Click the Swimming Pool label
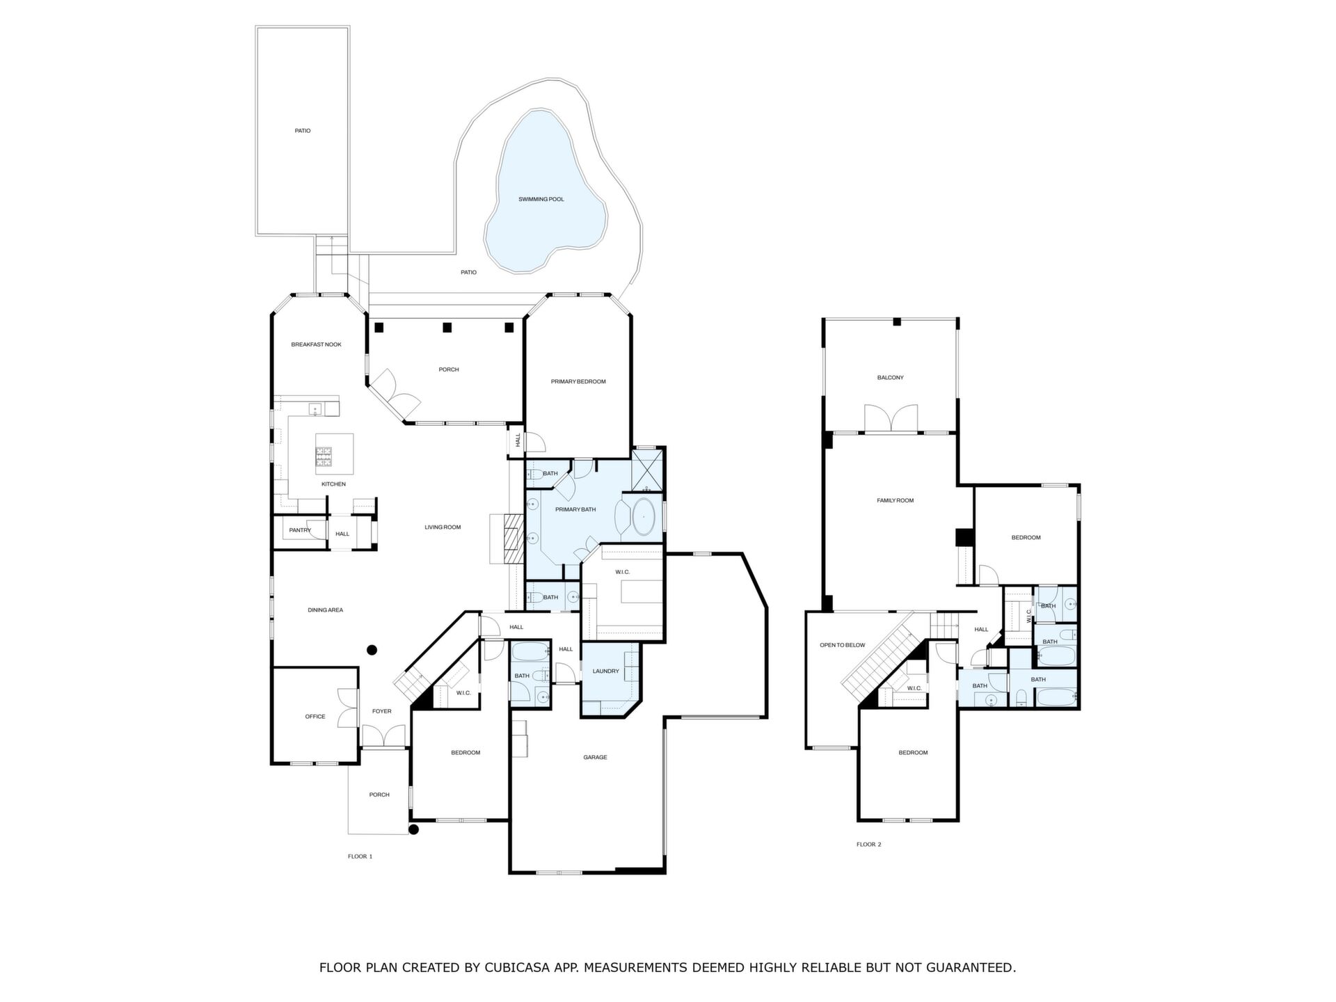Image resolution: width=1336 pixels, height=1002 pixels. pyautogui.click(x=541, y=200)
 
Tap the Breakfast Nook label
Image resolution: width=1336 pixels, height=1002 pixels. pyautogui.click(x=316, y=344)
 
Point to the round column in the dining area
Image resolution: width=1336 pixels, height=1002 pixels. pyautogui.click(x=372, y=651)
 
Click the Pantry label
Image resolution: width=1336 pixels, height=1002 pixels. pyautogui.click(x=300, y=530)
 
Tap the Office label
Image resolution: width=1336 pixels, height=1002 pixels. pyautogui.click(x=315, y=716)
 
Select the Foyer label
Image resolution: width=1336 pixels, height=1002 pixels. pyautogui.click(x=381, y=711)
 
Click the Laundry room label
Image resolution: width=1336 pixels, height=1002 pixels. pyautogui.click(x=605, y=671)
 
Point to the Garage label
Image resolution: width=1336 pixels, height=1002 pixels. pyautogui.click(x=595, y=757)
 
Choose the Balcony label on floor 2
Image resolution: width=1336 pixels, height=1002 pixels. pyautogui.click(x=890, y=378)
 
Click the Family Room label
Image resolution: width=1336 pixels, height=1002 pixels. pyautogui.click(x=895, y=500)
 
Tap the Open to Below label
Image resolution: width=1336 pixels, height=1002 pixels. pyautogui.click(x=842, y=645)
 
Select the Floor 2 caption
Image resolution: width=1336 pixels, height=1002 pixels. pyautogui.click(x=868, y=844)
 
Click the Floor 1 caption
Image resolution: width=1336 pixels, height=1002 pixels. pyautogui.click(x=360, y=856)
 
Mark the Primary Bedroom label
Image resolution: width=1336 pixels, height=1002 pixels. pyautogui.click(x=578, y=381)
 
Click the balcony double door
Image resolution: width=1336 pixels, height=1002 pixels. pyautogui.click(x=891, y=418)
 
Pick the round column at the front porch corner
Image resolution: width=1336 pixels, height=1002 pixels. pyautogui.click(x=413, y=829)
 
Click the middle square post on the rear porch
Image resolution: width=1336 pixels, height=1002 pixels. pyautogui.click(x=447, y=327)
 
